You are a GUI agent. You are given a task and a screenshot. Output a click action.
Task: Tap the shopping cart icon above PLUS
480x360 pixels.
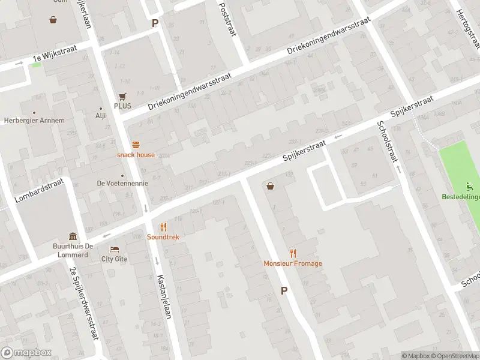click(124, 96)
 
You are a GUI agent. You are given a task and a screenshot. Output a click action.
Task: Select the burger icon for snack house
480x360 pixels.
click(136, 145)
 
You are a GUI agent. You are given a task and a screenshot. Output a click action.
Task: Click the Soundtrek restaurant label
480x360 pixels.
click(163, 237)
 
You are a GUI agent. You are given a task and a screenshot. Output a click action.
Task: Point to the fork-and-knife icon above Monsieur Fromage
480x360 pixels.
click(293, 253)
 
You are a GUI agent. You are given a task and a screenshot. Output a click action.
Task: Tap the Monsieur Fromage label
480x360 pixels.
click(293, 263)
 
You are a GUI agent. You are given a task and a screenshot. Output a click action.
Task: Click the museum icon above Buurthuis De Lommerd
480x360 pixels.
click(73, 236)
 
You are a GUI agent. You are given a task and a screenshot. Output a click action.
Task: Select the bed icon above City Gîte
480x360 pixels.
click(114, 249)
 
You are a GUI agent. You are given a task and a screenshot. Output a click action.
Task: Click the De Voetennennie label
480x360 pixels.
click(122, 183)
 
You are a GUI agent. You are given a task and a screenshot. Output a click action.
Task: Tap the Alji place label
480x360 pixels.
click(100, 116)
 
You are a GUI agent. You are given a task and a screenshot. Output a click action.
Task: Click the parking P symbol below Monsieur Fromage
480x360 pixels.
click(284, 290)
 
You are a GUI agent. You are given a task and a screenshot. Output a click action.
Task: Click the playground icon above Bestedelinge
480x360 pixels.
click(470, 187)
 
